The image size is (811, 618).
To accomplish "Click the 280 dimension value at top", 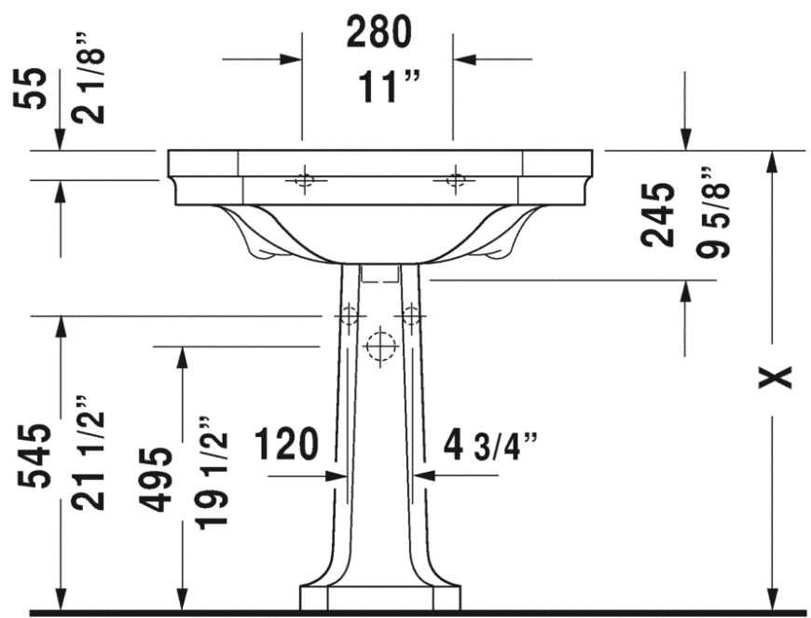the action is [x=379, y=32].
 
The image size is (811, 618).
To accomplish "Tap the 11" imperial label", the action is [x=389, y=87].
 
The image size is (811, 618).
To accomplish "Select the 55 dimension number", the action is [x=31, y=88].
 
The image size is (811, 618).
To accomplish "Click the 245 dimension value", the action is [x=658, y=214].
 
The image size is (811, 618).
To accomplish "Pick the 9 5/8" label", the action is [x=713, y=212].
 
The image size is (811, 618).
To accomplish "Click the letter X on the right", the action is [x=775, y=377].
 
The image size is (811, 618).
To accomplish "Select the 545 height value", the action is [x=34, y=456].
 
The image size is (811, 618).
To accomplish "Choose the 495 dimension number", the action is [x=157, y=479].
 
